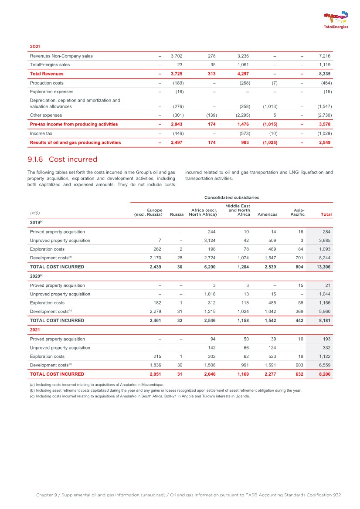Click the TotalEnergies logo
click(x=336, y=20)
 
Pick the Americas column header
click(x=268, y=214)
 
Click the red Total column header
click(x=326, y=214)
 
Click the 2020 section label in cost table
click(x=36, y=276)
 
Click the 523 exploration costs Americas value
click(x=273, y=356)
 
